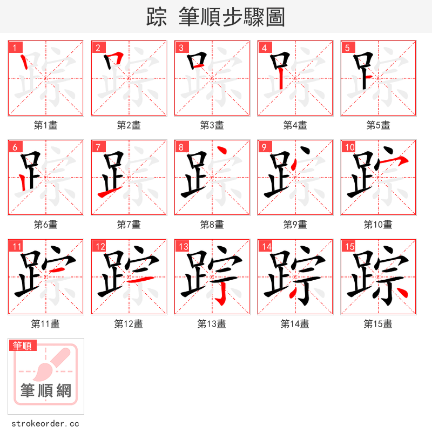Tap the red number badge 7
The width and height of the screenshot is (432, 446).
pos(97,147)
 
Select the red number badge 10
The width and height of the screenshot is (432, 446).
pos(349,147)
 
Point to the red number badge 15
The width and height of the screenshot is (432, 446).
pos(349,246)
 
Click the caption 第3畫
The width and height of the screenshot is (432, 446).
pos(212,125)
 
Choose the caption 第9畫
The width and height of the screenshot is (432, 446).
pos(295,225)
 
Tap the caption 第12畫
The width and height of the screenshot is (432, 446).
pos(129,324)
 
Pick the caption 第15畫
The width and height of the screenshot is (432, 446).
pos(378,324)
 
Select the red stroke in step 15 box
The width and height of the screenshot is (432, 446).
pos(400,292)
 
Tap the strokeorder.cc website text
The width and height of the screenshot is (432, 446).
pos(45,424)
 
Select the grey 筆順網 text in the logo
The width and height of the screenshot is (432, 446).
pos(46,390)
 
